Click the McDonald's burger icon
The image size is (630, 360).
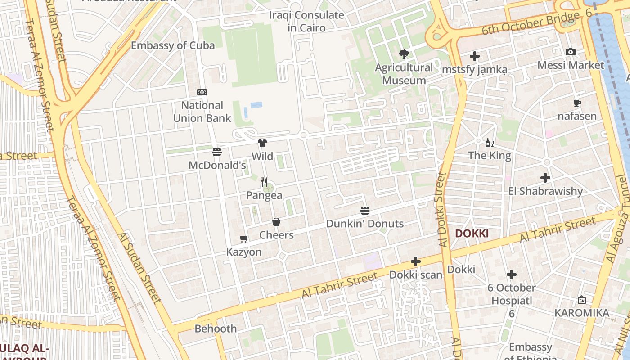coord(217,152)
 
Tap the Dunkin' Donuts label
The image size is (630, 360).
coord(364,224)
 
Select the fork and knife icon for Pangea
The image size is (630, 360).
coord(264,182)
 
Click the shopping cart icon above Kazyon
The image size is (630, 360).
coord(244,239)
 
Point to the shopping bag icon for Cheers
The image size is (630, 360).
coord(276,222)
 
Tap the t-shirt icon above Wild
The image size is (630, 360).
coord(262,143)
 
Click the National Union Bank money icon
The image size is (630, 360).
coord(202,92)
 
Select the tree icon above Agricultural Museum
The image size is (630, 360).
coord(404,54)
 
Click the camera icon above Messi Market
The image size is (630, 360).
coord(571,52)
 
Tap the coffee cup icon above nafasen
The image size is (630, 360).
coord(577,103)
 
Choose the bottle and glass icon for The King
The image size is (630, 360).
coord(490,143)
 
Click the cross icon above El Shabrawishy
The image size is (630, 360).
coord(545,178)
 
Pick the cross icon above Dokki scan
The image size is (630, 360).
coord(416,261)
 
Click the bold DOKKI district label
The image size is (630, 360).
coord(472,234)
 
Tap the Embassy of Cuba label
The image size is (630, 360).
coord(173,45)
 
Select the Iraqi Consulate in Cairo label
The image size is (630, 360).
coord(306,21)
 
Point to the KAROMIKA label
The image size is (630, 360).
coord(581,313)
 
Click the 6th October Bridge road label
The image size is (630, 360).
coord(531,24)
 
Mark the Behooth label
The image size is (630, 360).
coord(216,328)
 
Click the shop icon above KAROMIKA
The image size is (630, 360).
coord(582,300)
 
